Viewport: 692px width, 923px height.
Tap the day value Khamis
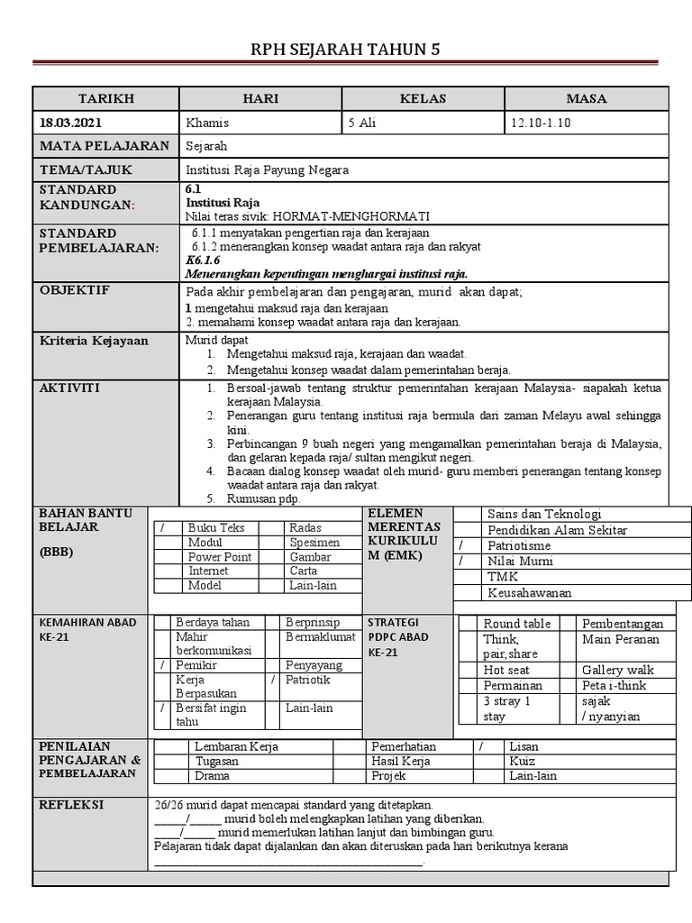[x=207, y=123]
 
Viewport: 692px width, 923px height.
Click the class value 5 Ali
[x=362, y=123]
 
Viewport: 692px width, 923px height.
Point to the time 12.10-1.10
[x=541, y=123]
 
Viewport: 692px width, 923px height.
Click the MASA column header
[x=586, y=98]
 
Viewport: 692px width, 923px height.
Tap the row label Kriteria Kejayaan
[x=94, y=341]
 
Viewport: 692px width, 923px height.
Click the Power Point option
[x=219, y=557]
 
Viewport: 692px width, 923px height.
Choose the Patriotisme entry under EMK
[x=520, y=545]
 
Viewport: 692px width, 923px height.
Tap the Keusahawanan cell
[x=529, y=592]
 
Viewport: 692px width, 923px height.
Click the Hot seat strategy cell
[x=506, y=670]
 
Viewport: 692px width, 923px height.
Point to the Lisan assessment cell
[x=524, y=746]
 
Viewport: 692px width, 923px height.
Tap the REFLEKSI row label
[x=70, y=805]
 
